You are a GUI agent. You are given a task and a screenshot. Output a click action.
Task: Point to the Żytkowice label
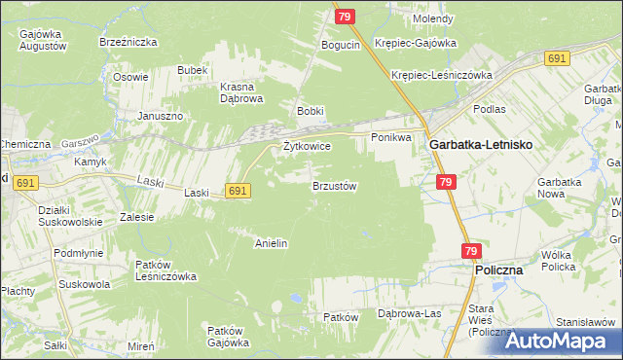pos(307,146)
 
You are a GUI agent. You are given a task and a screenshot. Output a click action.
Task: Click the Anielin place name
pos(271,243)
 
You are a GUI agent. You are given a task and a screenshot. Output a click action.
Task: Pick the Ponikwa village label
pos(392,138)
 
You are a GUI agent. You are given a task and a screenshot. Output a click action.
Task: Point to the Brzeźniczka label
pos(123,43)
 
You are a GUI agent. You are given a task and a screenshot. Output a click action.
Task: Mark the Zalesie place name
pos(136,217)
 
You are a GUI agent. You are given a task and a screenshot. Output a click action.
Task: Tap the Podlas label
pos(489,109)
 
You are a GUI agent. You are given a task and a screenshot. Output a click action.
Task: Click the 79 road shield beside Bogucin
pos(345,16)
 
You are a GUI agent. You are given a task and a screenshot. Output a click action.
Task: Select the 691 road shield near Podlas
pos(557,59)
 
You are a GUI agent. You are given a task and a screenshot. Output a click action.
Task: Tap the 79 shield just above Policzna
pos(471,251)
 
